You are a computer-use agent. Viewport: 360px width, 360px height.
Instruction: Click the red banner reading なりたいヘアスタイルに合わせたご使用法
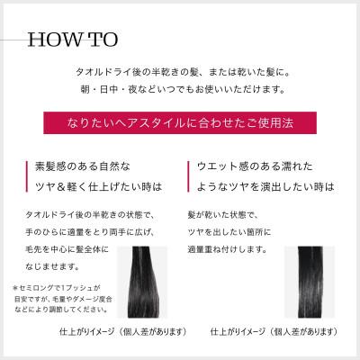[x=181, y=120]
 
